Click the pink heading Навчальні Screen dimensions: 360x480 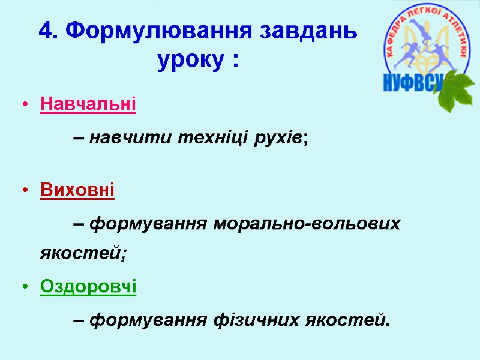88,104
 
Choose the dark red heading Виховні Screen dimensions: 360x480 77,191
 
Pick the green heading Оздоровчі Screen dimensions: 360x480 88,287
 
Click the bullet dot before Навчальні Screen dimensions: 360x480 25,105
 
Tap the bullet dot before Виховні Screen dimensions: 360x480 25,192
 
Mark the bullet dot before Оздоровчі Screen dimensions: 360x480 25,288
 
